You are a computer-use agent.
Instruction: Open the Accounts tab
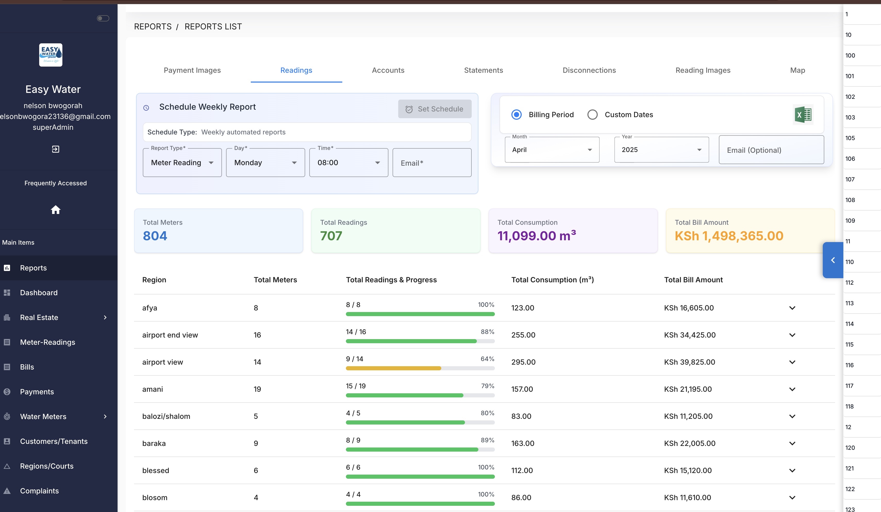pos(388,70)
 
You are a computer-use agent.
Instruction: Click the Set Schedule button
pos(435,109)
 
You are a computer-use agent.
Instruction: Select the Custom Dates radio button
pos(592,115)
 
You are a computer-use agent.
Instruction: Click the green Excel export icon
pos(803,115)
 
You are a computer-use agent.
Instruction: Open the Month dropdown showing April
pos(552,150)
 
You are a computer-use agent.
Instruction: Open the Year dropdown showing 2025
pos(661,150)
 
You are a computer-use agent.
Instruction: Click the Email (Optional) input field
pos(771,150)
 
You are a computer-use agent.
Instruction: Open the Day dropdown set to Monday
pos(265,163)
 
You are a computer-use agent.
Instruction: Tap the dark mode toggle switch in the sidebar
pos(103,18)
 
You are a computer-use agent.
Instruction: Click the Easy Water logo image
pos(51,55)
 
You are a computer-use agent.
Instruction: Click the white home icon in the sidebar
pos(56,210)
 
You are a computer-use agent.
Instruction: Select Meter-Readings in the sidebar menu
pos(47,342)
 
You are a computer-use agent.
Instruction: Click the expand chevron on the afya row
pos(792,308)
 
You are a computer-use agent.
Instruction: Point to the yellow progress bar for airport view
pos(393,368)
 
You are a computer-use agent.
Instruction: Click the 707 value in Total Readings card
pos(331,236)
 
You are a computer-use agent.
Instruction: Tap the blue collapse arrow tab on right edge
pos(833,260)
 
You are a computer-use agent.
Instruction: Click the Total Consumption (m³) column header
pos(552,280)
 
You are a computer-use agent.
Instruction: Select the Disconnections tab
pos(589,70)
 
